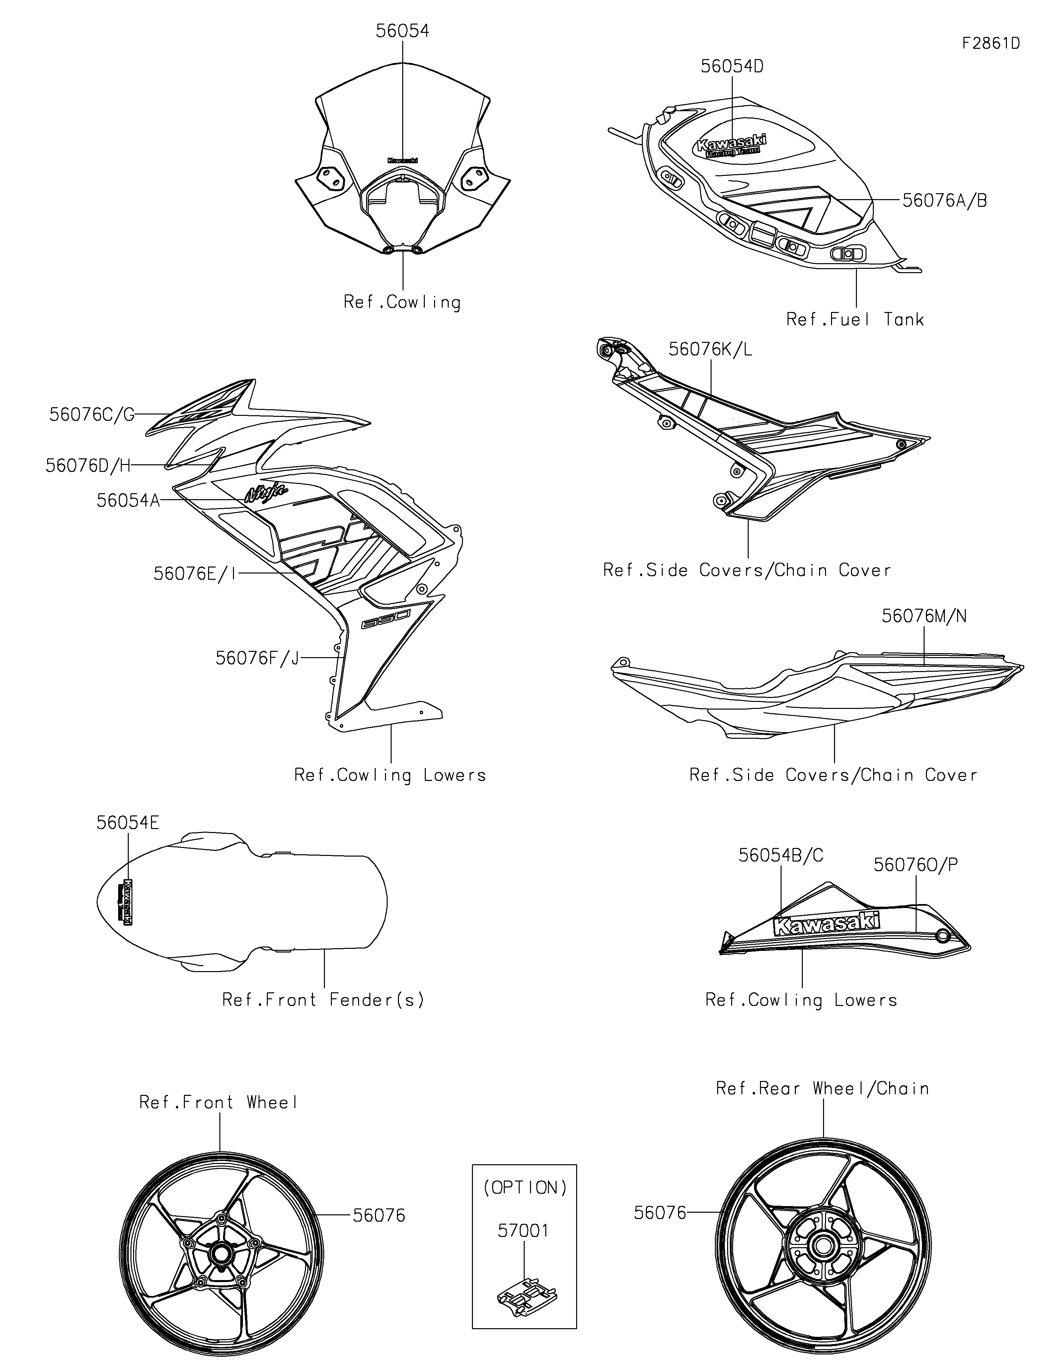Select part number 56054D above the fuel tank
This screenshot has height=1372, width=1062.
coord(732,67)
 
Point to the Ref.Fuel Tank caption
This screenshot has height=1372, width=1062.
coord(855,320)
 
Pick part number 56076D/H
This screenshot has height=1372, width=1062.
coord(88,466)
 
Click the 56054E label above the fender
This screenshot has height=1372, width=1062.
coord(127,823)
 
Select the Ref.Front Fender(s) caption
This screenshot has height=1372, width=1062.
coord(324,1000)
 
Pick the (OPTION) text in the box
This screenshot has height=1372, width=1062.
coord(524,1187)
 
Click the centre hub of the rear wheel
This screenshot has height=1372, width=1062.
coord(822,1245)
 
